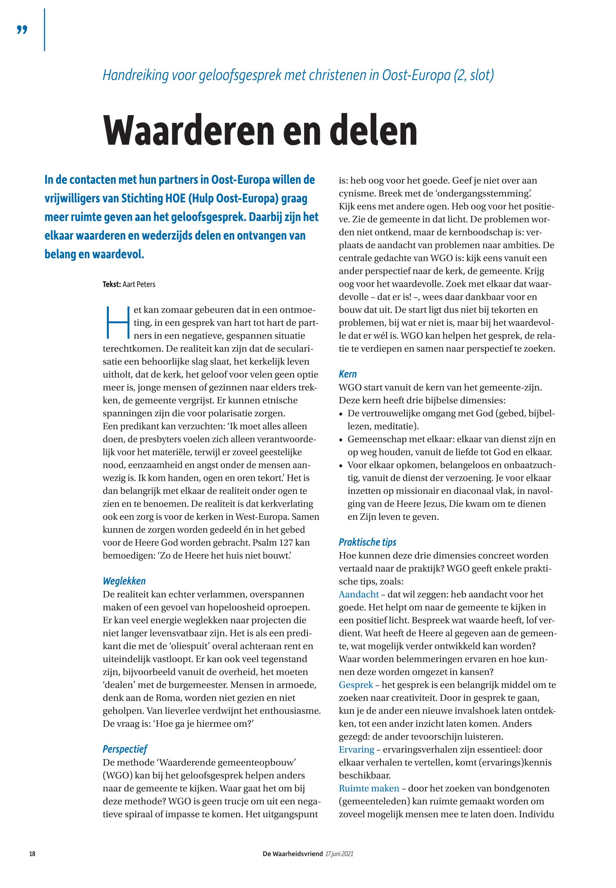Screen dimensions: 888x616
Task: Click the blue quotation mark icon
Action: [22, 30]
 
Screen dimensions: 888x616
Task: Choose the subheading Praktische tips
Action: [368, 542]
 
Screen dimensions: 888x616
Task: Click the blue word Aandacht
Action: [359, 594]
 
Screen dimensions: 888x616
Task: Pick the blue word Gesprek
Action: [356, 685]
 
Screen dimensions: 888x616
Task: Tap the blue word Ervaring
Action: [356, 749]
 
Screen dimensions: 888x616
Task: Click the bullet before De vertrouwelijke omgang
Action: [341, 414]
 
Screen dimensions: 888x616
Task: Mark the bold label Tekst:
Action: [112, 284]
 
